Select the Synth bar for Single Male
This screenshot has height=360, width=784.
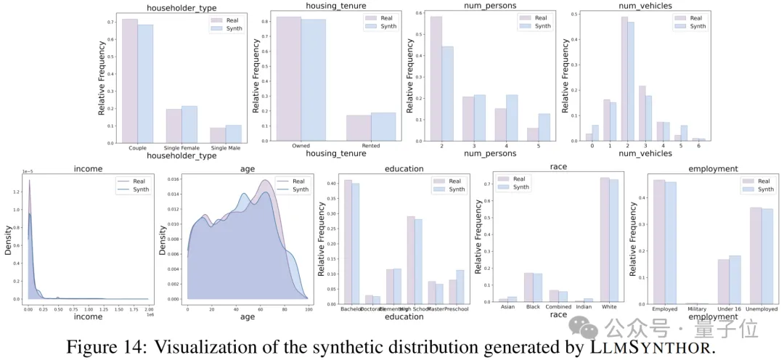pyautogui.click(x=234, y=134)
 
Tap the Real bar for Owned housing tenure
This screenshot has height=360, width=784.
pyautogui.click(x=289, y=80)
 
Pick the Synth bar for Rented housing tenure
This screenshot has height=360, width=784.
pyautogui.click(x=383, y=127)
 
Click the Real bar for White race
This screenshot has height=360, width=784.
pyautogui.click(x=604, y=240)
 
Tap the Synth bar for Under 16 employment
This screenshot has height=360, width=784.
pyautogui.click(x=734, y=279)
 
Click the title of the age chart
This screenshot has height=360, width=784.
pyautogui.click(x=247, y=168)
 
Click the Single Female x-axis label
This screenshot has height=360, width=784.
pyautogui.click(x=181, y=148)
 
